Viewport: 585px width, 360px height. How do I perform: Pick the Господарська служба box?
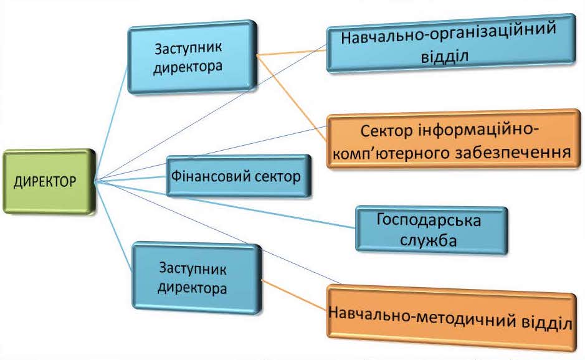pyautogui.click(x=430, y=230)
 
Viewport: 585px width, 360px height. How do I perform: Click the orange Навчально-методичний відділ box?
pyautogui.click(x=450, y=322)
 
